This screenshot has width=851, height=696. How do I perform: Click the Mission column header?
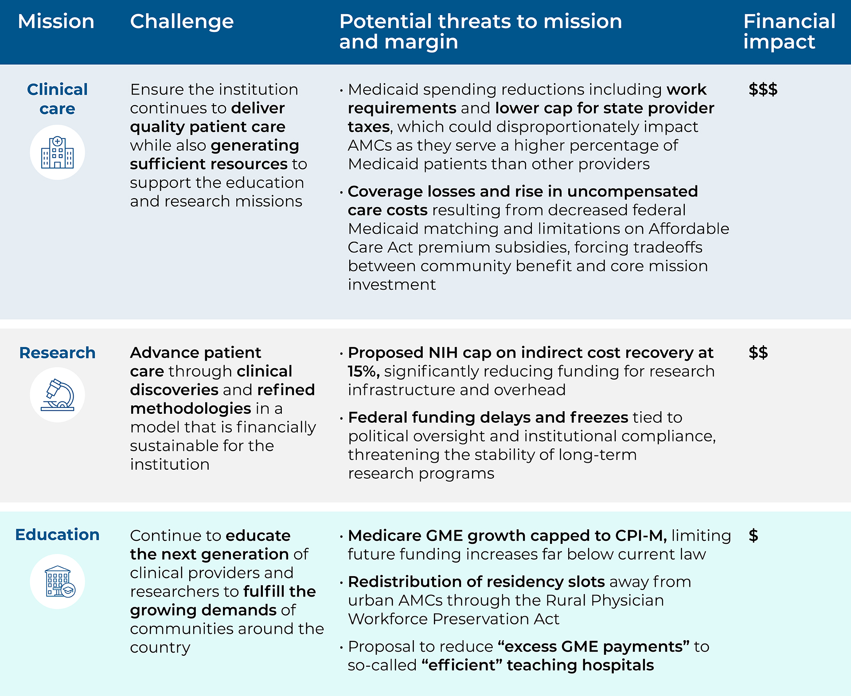[x=56, y=21]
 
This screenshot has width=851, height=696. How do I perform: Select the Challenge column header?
[x=182, y=21]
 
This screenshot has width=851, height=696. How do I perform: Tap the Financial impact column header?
[x=789, y=31]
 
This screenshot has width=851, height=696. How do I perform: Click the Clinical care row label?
[x=57, y=99]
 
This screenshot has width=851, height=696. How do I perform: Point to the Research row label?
[x=57, y=353]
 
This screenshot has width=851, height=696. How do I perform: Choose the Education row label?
[x=57, y=535]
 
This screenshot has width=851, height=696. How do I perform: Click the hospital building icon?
[x=57, y=153]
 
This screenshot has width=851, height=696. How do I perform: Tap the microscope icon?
[x=57, y=395]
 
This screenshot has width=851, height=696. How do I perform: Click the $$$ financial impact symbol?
[x=763, y=89]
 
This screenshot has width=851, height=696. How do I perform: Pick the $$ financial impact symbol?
[x=758, y=353]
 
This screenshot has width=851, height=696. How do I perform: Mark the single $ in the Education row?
[x=753, y=535]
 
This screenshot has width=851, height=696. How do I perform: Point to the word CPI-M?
[x=640, y=535]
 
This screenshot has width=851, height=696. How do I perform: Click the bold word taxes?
[x=368, y=127]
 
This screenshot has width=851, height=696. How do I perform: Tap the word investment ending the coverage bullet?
[x=392, y=285]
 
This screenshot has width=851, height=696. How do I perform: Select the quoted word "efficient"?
[x=461, y=665]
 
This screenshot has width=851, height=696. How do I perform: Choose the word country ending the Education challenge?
[x=160, y=648]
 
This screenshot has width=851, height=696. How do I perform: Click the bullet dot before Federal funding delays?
[x=341, y=418]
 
